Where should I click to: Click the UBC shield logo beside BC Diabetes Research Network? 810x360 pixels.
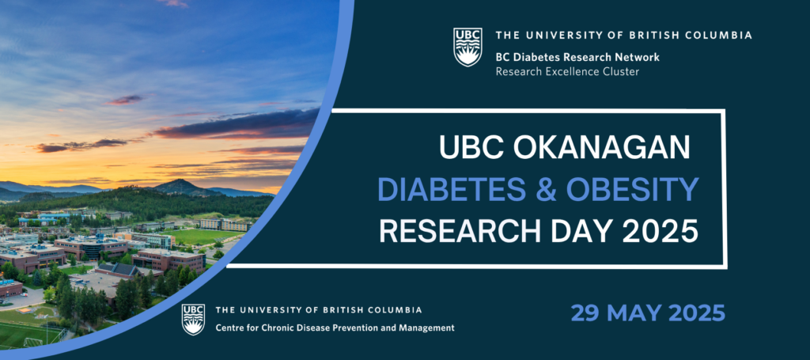click(467, 47)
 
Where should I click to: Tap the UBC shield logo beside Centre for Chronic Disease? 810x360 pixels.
click(193, 320)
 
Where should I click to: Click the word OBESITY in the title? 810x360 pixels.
click(633, 190)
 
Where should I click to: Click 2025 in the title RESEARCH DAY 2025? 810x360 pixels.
click(660, 231)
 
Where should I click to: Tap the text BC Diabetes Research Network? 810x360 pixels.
click(577, 57)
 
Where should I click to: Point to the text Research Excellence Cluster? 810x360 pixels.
click(567, 71)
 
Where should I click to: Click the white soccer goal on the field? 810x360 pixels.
click(33, 342)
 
